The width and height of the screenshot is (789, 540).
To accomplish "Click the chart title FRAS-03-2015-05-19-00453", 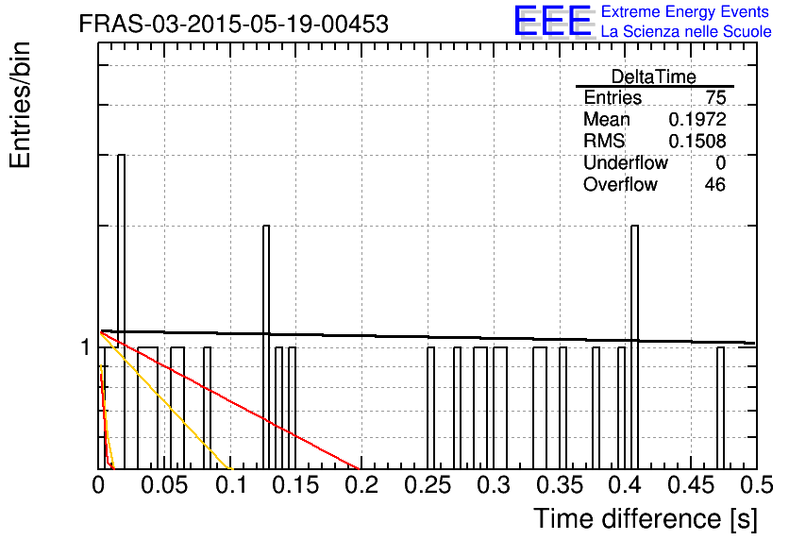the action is coord(233,24).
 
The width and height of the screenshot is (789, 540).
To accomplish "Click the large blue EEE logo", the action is coord(553,21).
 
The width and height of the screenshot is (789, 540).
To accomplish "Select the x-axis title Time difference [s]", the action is coord(646,519).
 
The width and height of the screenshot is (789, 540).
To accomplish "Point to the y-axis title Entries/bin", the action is coord(20,105).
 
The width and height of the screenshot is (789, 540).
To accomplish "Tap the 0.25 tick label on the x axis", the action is coord(428,485).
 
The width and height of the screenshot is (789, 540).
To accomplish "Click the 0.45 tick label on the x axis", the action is coord(691,485).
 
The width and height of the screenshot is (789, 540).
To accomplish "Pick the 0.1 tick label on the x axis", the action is coord(231,485).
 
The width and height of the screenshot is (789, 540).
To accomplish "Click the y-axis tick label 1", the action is coord(86,347).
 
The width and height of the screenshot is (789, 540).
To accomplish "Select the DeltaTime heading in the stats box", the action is coord(654,76).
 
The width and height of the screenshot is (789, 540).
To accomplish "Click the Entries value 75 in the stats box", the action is coord(715,97).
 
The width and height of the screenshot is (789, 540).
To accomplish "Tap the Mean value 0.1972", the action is coord(697,119).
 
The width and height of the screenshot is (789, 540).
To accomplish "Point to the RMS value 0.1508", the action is coord(697,141).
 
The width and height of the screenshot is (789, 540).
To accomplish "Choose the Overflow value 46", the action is coord(715,184).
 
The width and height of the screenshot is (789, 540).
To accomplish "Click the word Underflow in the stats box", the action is coord(626,162).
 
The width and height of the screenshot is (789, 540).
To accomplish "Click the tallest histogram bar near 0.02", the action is coord(121,312).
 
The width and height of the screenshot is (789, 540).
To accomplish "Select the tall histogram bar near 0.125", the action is coord(266,347).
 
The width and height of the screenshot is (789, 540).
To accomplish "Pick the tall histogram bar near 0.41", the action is coord(634,347).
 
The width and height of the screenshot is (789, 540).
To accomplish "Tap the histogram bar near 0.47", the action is coord(720,408).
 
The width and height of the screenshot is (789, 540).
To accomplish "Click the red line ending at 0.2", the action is coord(230,400).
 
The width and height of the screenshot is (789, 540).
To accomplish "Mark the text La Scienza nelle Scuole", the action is coord(686,31).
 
